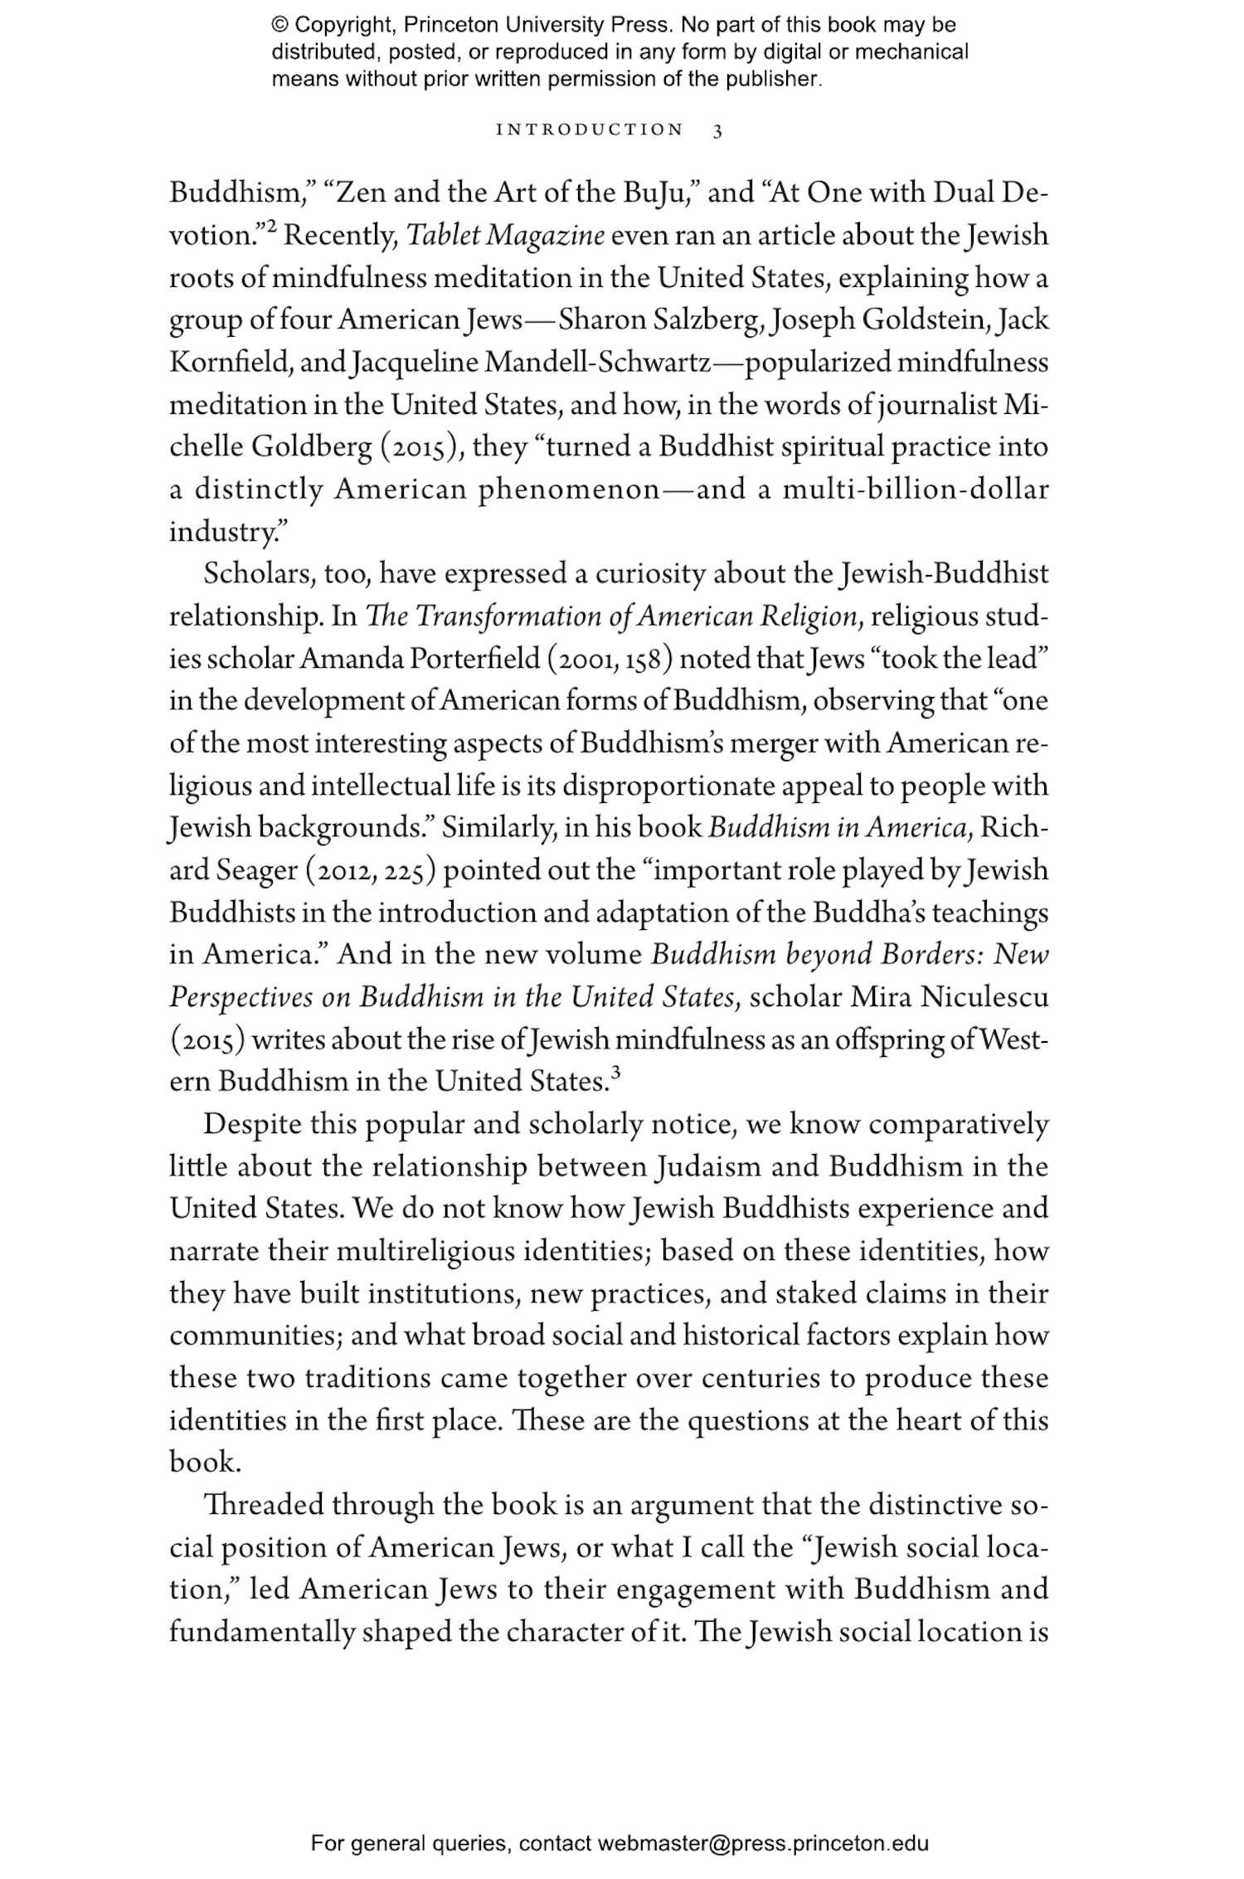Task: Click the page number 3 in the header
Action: click(x=717, y=130)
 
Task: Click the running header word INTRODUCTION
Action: click(x=590, y=130)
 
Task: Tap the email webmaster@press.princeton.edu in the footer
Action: click(x=762, y=1844)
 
